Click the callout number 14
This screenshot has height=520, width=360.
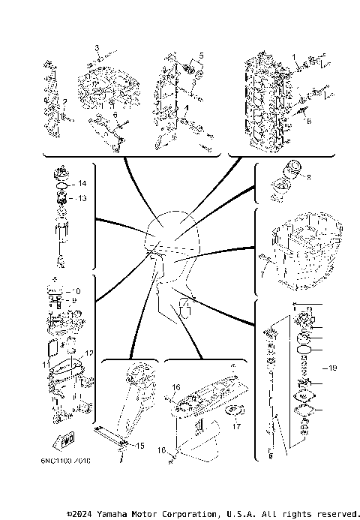coord(82,184)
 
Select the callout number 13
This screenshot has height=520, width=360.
coord(82,198)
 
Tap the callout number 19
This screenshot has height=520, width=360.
coord(334,368)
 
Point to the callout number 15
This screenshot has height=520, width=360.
coord(139,446)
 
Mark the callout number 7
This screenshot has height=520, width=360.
coord(262,275)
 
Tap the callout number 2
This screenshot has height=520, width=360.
coord(66,102)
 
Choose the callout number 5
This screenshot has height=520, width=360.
coord(200,56)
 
